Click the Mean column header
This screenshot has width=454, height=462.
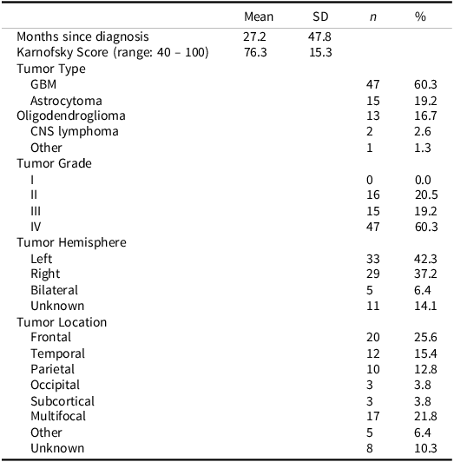tap(259, 16)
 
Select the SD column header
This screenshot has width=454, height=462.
tap(320, 16)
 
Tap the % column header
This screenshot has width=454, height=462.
tap(421, 16)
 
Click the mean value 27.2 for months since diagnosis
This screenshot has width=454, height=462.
tap(255, 37)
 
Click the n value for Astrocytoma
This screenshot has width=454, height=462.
tap(373, 100)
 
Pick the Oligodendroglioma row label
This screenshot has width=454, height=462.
tap(70, 115)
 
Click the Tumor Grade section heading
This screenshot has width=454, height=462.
tap(54, 163)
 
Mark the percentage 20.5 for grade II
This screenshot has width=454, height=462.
tap(424, 195)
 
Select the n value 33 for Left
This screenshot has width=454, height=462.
tap(373, 259)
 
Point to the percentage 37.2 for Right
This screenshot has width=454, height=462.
tap(424, 274)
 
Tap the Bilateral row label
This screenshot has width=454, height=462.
tap(54, 290)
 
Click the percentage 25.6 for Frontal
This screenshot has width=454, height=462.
tap(424, 338)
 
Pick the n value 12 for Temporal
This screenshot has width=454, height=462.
tap(373, 353)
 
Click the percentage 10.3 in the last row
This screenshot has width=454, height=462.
tap(424, 448)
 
